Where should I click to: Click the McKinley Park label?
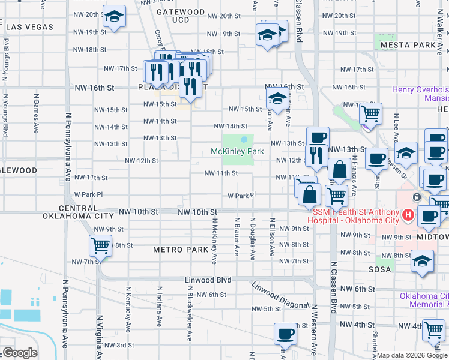237,152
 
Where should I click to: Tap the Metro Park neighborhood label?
180,249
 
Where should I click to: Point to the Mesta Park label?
411,45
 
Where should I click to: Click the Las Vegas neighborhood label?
31,27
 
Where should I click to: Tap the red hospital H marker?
408,214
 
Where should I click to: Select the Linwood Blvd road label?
208,280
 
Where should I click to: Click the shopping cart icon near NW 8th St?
100,245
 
